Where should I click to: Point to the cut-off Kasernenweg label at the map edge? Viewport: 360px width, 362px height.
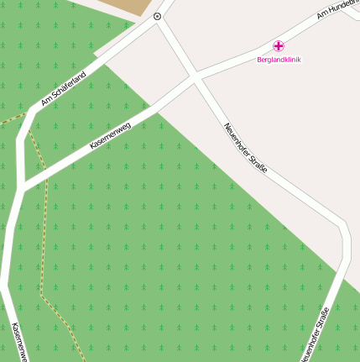click(18, 342)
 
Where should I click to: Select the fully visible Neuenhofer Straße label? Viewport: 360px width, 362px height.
click(246, 149)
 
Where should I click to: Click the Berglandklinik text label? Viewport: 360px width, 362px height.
click(279, 60)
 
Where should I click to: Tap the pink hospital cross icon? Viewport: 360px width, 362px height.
click(279, 45)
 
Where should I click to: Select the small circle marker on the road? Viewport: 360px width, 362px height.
click(157, 17)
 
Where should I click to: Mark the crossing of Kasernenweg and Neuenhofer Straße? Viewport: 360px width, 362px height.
click(195, 78)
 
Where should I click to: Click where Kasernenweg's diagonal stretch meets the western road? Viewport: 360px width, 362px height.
click(23, 186)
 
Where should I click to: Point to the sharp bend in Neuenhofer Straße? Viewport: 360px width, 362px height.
click(342, 227)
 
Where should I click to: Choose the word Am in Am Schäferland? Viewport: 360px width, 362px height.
click(46, 101)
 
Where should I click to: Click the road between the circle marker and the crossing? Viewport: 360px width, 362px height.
click(175, 47)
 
